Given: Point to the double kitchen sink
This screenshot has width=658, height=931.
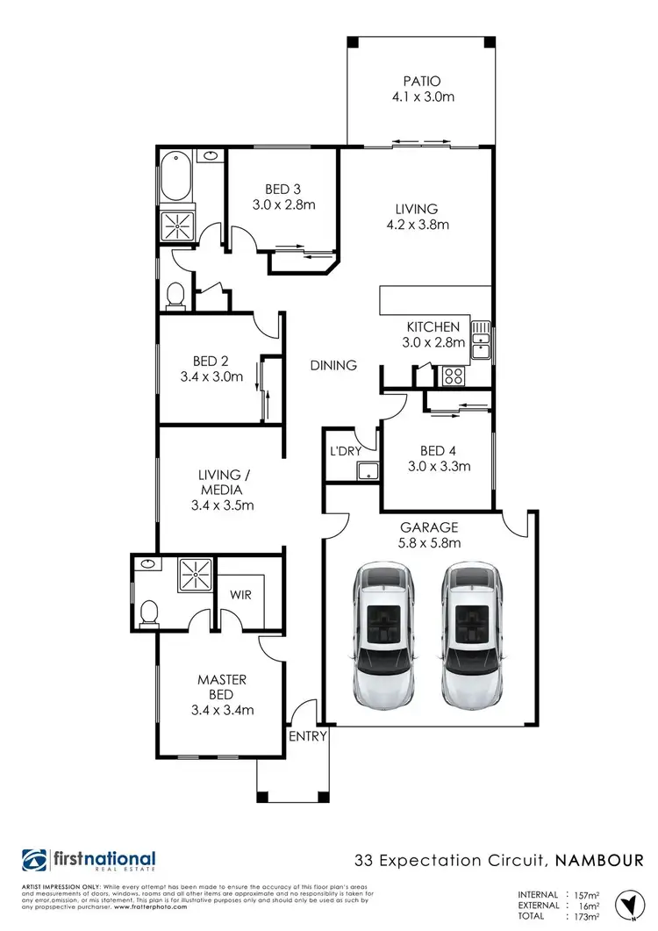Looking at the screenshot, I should (x=481, y=341).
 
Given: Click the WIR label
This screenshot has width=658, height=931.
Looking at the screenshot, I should (x=241, y=595).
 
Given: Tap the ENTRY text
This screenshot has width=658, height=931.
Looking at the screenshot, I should (x=307, y=736).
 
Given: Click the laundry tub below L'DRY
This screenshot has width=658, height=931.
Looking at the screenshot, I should (x=367, y=472).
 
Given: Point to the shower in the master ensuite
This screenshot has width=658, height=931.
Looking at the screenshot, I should (x=194, y=575).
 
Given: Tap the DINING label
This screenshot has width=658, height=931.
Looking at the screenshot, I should (x=333, y=365).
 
